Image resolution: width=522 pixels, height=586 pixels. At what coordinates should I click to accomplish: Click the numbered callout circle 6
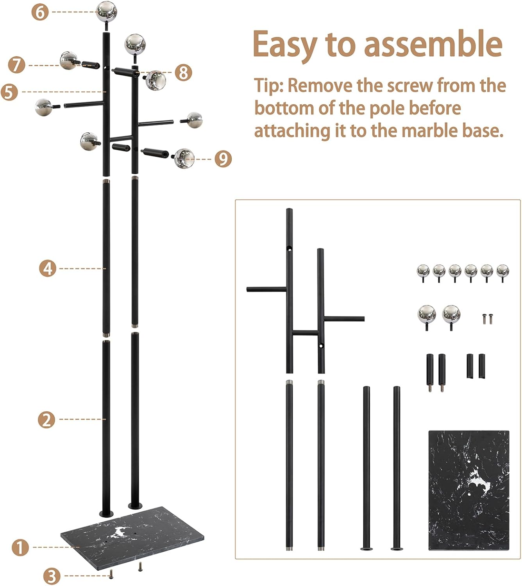click(40, 12)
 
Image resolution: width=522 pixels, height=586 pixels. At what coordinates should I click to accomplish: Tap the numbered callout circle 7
click(17, 65)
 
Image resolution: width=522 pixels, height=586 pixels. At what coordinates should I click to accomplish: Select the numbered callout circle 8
click(183, 72)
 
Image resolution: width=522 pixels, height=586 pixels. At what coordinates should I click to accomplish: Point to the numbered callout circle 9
click(223, 159)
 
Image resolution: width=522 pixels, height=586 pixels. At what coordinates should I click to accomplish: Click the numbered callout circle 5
click(10, 92)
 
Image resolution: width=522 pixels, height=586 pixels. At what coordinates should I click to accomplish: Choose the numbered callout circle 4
click(48, 268)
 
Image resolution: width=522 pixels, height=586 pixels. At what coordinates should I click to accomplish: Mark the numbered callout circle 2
click(47, 420)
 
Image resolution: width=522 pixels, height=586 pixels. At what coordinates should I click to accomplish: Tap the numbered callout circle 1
click(20, 547)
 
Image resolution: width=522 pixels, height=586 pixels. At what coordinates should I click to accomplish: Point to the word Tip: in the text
click(269, 86)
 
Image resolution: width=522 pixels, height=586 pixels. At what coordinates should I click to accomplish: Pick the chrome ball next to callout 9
click(184, 158)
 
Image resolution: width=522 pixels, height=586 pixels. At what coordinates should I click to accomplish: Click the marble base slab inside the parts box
click(468, 490)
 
